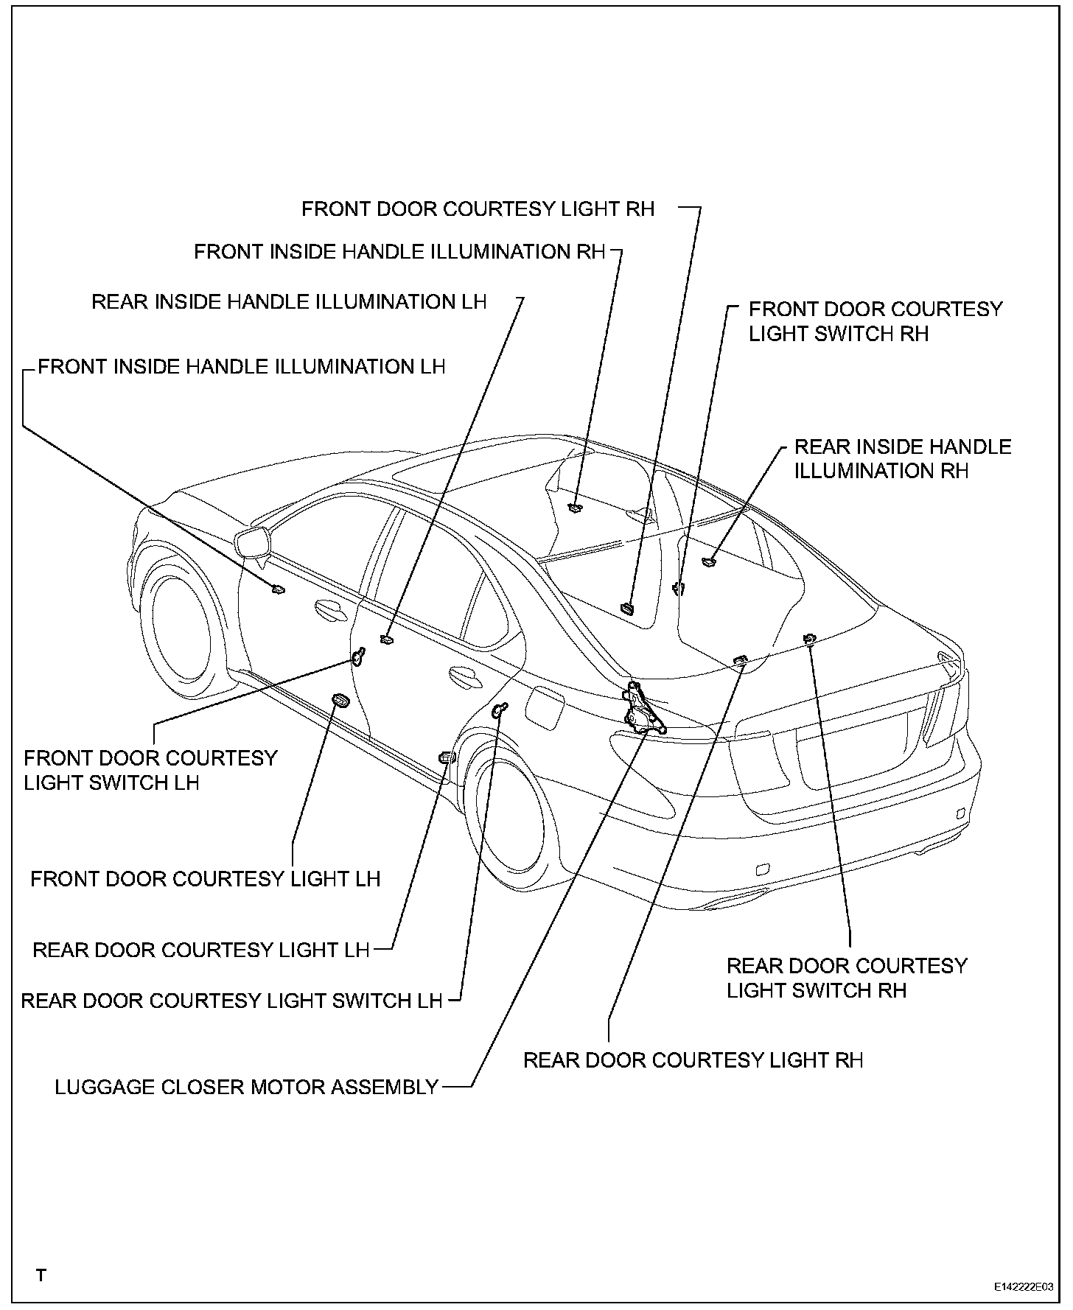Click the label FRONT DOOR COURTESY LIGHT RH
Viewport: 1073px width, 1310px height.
coord(478,209)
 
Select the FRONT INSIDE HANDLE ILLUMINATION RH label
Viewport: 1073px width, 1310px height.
coord(399,252)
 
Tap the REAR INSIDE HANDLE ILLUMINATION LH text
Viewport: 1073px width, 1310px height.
coord(289,302)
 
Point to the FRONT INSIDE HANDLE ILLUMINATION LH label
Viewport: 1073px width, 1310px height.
coord(242,367)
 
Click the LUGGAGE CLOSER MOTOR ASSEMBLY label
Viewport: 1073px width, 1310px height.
coord(247,1087)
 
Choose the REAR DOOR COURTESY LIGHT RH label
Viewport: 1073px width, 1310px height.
coord(693,1060)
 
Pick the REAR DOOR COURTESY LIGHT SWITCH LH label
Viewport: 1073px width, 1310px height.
coord(231,1001)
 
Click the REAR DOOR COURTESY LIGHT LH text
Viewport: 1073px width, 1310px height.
coord(200,950)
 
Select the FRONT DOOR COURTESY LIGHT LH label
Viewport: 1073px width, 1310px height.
coord(205,879)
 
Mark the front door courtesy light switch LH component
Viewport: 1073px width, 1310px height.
coord(358,656)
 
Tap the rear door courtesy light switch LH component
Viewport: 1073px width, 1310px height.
coord(500,710)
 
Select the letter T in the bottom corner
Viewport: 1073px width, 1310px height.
coord(41,1275)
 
